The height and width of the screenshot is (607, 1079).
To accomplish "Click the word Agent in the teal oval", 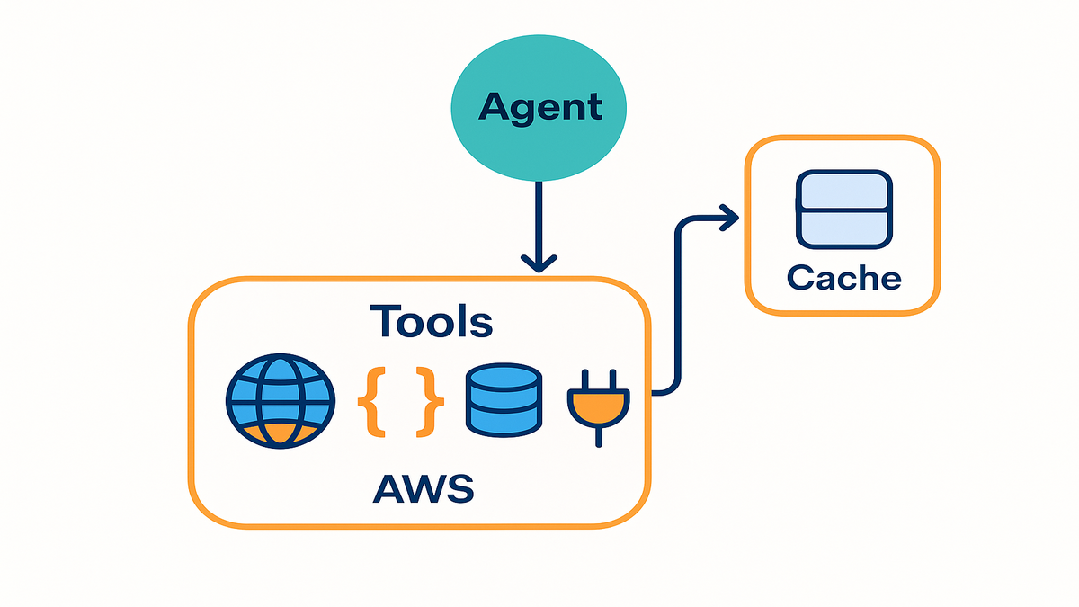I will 539,107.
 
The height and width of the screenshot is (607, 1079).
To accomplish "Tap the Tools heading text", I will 432,321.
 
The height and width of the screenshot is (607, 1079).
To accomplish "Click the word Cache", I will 843,278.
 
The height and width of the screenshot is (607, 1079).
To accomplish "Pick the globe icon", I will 281,401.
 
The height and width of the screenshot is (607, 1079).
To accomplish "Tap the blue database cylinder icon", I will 503,401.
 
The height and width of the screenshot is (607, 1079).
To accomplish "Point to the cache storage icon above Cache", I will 843,209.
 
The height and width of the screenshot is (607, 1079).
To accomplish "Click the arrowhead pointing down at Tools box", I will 539,263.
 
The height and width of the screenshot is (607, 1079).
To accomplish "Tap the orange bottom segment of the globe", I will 281,435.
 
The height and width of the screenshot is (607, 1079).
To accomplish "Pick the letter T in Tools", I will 386,321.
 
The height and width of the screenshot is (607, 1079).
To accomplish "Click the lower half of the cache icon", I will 843,228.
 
